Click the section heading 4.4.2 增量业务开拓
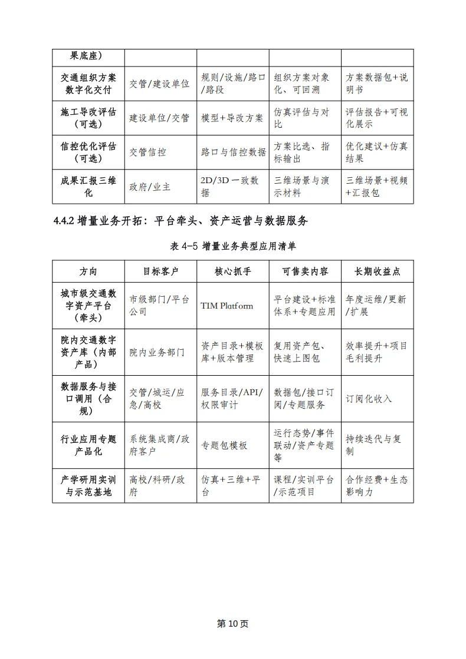(x=181, y=221)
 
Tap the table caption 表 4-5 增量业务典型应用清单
(x=232, y=246)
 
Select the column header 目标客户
(x=160, y=271)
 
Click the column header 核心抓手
(x=232, y=271)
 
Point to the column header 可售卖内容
(x=305, y=271)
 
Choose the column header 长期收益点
(x=377, y=271)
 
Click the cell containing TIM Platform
(x=227, y=306)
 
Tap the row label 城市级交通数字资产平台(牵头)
(x=88, y=306)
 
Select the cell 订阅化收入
(x=369, y=399)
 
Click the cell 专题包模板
(x=224, y=445)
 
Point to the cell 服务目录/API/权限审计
(x=232, y=399)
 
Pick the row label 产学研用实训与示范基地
(x=88, y=486)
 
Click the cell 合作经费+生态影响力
(x=376, y=486)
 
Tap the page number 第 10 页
(x=233, y=624)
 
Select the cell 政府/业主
(x=150, y=187)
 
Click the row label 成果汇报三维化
(x=88, y=187)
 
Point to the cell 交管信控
(x=147, y=153)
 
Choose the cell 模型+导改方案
(x=232, y=118)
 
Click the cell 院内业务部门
(x=157, y=352)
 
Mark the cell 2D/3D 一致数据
(x=229, y=187)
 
